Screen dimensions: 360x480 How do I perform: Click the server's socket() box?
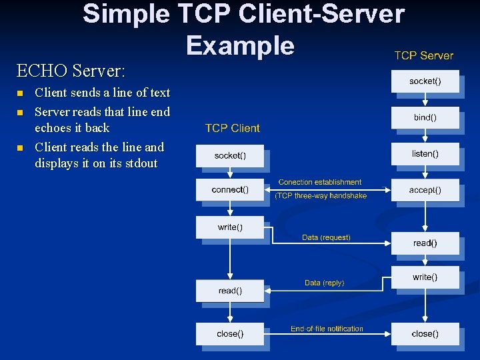(x=425, y=81)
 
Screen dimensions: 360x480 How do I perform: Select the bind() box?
(x=425, y=117)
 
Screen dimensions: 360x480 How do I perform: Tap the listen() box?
(x=425, y=154)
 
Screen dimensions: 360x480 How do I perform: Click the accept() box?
(x=425, y=190)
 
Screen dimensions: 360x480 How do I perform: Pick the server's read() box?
(x=425, y=243)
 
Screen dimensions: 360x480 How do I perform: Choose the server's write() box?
(x=425, y=277)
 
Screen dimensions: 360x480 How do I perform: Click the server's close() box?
(x=425, y=333)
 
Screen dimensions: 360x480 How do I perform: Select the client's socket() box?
(x=229, y=156)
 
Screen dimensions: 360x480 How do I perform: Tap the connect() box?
(x=229, y=190)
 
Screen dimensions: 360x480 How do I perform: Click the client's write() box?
(x=229, y=227)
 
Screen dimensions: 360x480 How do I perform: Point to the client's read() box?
(x=229, y=291)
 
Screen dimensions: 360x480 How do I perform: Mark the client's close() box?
(x=229, y=333)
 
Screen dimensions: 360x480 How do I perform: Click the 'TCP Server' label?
(x=423, y=55)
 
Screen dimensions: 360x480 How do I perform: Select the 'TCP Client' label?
(x=232, y=128)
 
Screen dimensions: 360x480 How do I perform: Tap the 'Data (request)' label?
(x=326, y=237)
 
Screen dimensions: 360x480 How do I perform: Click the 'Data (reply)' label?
(x=324, y=283)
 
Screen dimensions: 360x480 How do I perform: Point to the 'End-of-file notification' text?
(x=327, y=329)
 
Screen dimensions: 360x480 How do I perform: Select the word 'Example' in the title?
(x=240, y=45)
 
